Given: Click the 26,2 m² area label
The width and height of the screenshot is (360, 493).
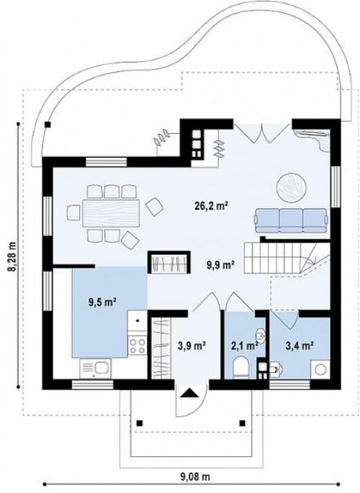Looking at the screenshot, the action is [x=211, y=206].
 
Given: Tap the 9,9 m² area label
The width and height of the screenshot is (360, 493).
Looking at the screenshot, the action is [x=220, y=266].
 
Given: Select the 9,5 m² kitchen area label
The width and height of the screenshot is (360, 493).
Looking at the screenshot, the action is [x=102, y=303].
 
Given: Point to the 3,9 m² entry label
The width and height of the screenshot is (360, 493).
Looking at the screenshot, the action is [x=192, y=345].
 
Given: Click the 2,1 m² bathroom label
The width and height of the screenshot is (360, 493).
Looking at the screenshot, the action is [x=245, y=346].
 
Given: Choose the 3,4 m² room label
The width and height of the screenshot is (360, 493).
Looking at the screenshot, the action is [x=299, y=346].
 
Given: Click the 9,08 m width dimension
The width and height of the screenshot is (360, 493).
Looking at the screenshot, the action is [x=195, y=477].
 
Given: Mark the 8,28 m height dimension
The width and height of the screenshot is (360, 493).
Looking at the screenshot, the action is [x=12, y=257].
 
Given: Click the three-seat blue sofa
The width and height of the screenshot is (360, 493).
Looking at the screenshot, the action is [x=291, y=220].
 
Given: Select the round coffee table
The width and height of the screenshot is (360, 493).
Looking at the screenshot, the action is [x=292, y=188].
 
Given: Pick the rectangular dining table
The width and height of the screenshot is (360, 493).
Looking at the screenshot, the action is [x=111, y=213].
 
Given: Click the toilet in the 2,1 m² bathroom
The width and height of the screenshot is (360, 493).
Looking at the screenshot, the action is [x=241, y=367].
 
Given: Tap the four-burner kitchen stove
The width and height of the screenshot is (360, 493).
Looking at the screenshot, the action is [x=137, y=345].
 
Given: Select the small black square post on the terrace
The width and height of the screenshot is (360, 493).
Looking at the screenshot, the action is [x=48, y=125].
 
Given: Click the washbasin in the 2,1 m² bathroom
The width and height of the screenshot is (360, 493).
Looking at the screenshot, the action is [x=260, y=334].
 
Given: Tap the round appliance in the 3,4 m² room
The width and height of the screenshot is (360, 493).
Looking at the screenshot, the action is [x=320, y=369].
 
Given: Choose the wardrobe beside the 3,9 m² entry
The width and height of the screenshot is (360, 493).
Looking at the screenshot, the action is [x=161, y=348].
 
